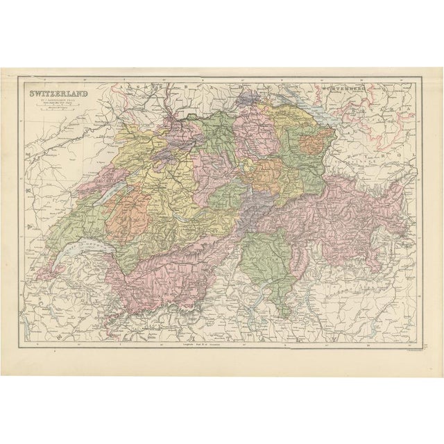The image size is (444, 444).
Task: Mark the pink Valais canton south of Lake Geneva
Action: pos(173,274)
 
